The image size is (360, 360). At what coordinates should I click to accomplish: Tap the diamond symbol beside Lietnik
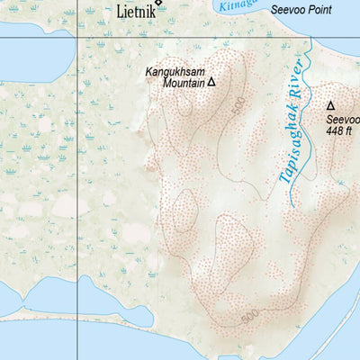159,3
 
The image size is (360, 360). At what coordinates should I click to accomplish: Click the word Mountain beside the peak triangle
184,83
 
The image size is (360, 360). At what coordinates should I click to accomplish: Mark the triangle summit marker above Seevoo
330,105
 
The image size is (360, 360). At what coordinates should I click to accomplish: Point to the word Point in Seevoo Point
316,10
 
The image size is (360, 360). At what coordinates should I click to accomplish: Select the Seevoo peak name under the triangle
343,120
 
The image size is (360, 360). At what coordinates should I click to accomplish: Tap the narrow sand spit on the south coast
90,317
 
